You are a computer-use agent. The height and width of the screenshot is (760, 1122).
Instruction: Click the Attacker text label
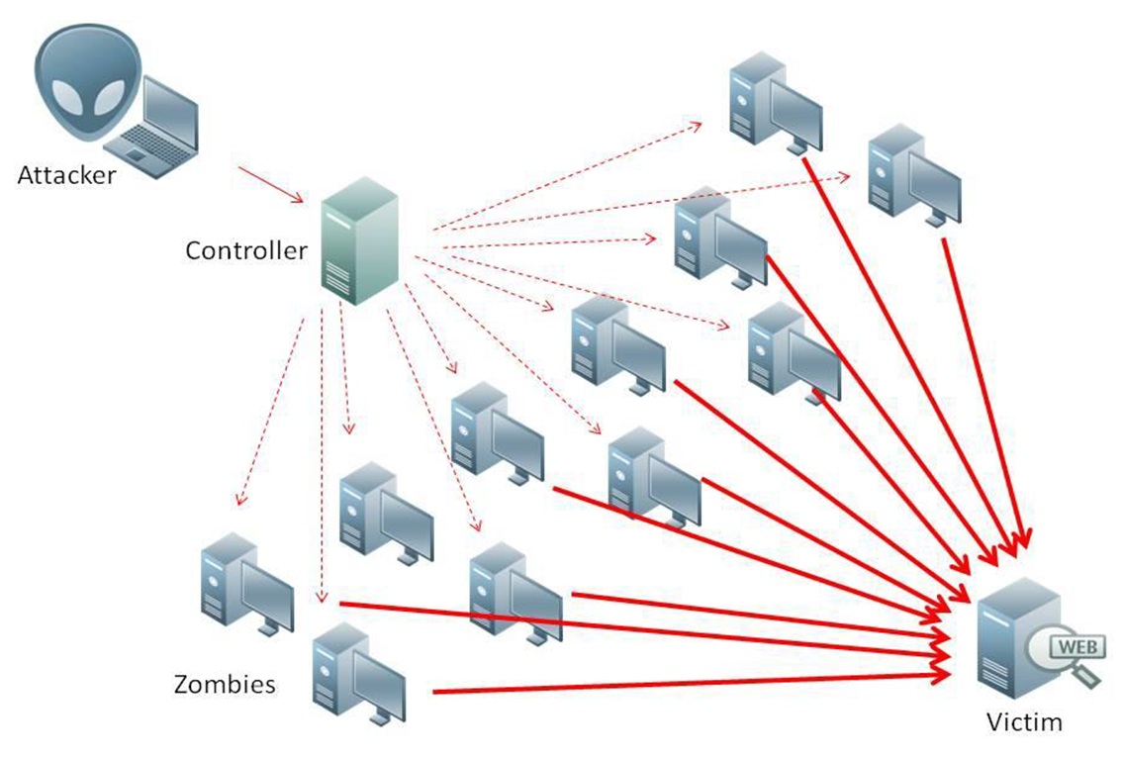[66, 176]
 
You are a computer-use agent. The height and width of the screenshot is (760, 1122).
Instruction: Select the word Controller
[246, 250]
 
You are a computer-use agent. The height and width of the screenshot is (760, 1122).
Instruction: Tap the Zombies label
[225, 684]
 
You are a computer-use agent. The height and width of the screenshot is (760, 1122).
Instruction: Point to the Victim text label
[1024, 721]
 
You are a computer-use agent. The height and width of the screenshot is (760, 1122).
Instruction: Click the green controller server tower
[358, 239]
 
